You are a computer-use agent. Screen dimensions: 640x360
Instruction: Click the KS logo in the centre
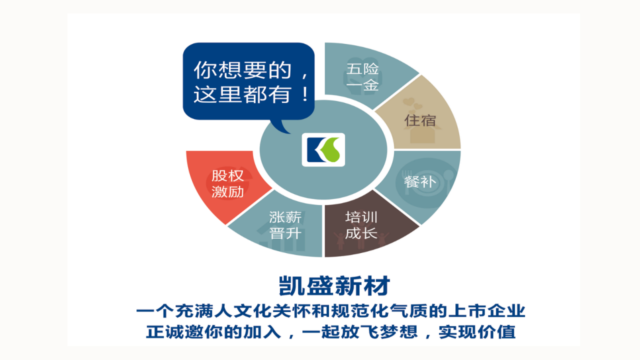323,149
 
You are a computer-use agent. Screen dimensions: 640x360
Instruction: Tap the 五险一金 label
362,77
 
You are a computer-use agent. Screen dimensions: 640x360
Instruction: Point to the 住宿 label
420,120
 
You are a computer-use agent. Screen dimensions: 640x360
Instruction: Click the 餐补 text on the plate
420,181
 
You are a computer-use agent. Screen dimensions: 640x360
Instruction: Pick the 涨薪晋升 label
285,225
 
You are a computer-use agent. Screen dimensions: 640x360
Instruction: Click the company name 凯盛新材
334,285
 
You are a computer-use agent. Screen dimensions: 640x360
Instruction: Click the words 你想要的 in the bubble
242,70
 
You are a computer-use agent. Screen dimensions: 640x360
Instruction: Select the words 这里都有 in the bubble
242,94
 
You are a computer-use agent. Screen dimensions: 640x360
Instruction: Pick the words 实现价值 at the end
477,332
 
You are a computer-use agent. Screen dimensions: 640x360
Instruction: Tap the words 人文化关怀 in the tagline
262,311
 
